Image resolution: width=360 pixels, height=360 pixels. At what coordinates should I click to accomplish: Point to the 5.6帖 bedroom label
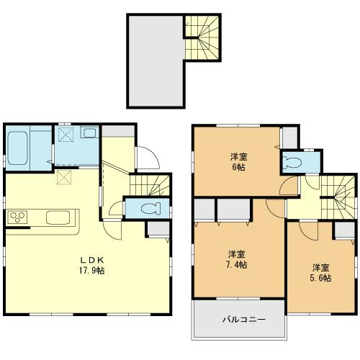(321, 272)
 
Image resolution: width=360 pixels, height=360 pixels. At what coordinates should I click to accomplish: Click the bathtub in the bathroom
(17, 146)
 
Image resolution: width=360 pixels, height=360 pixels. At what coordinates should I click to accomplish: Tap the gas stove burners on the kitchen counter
(17, 217)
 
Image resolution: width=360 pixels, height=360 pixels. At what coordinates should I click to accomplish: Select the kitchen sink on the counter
(56, 217)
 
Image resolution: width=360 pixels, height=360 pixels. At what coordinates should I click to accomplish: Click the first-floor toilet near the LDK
(148, 207)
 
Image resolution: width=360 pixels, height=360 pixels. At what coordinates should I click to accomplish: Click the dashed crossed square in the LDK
(64, 176)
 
